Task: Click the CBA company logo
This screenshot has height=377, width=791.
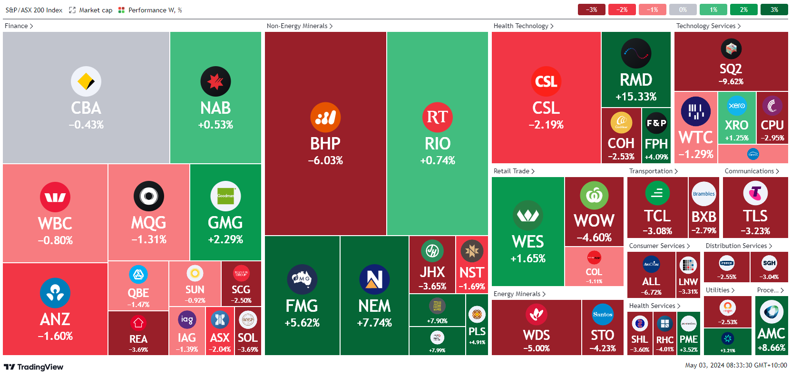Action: click(86, 81)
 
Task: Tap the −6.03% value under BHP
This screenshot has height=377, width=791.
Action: click(325, 160)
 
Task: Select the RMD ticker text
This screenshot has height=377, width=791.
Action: click(636, 79)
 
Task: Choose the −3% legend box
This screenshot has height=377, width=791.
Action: click(591, 10)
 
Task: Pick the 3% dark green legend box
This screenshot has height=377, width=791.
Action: click(774, 10)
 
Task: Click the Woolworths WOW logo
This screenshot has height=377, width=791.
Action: click(594, 195)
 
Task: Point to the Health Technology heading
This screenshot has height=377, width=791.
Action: click(523, 26)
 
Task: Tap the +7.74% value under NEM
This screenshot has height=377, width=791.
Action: click(374, 323)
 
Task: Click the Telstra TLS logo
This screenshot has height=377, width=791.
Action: click(755, 193)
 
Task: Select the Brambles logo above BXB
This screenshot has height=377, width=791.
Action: click(704, 194)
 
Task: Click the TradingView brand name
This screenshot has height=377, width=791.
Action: click(40, 367)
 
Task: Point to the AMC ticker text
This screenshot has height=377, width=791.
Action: click(771, 333)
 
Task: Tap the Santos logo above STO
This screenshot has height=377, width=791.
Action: click(603, 314)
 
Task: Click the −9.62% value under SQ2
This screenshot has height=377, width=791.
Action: click(731, 81)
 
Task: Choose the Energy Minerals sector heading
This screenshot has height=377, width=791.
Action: click(519, 294)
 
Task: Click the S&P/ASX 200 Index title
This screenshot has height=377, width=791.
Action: click(34, 10)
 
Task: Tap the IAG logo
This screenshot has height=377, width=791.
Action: click(187, 319)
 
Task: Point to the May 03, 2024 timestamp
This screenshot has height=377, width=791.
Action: click(736, 365)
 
